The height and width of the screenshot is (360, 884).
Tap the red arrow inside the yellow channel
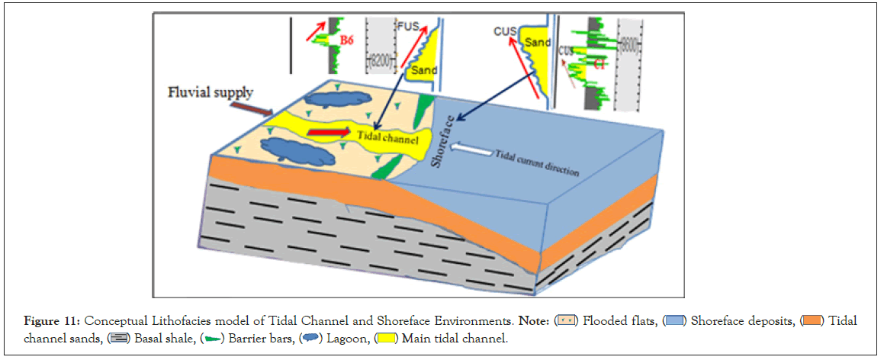[x=323, y=133]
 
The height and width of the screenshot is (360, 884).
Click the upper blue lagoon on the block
[x=336, y=98]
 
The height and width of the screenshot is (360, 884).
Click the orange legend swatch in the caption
[x=812, y=320]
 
